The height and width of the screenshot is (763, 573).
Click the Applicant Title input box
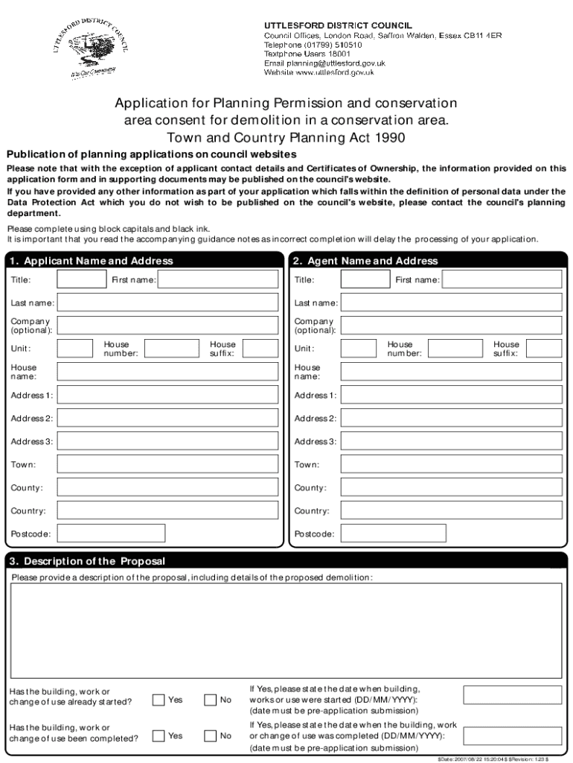pyautogui.click(x=82, y=279)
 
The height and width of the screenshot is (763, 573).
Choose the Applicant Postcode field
pyautogui.click(x=111, y=534)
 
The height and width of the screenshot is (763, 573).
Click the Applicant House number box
pyautogui.click(x=172, y=349)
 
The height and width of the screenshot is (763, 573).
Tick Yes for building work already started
pyautogui.click(x=159, y=700)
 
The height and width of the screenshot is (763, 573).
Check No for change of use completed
pyautogui.click(x=211, y=735)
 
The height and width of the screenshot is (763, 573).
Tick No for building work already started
pyautogui.click(x=211, y=700)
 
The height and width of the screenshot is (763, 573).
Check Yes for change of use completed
pyautogui.click(x=159, y=735)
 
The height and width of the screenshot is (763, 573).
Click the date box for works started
pyautogui.click(x=513, y=694)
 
